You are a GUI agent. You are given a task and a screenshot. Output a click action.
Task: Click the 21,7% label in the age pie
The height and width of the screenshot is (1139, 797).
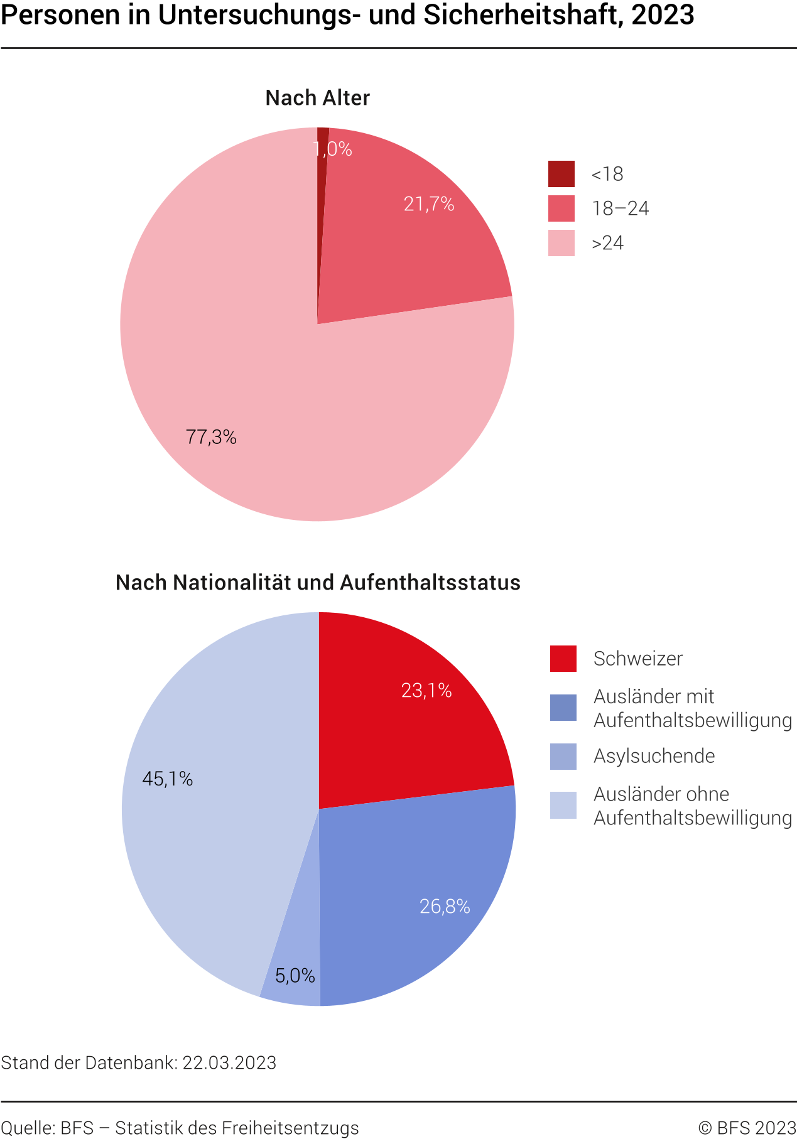429,204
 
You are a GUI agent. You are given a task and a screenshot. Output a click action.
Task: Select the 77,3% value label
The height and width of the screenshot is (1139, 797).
211,437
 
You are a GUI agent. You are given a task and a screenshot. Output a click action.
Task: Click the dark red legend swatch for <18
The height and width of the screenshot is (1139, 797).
561,174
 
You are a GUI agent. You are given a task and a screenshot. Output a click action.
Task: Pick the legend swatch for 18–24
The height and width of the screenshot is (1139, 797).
561,208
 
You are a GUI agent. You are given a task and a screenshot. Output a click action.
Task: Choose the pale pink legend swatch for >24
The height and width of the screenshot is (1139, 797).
561,243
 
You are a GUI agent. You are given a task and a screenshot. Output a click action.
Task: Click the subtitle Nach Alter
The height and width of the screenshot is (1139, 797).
317,98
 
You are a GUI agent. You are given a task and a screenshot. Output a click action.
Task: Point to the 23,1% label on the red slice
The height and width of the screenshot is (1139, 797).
426,691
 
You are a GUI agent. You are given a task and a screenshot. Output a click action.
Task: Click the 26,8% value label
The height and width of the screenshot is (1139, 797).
445,906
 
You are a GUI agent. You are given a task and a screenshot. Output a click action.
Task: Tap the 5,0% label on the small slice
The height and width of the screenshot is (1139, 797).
295,975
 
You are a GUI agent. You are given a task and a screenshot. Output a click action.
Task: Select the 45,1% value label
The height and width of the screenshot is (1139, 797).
167,779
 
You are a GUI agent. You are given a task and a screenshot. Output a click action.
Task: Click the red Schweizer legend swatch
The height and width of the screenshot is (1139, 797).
563,659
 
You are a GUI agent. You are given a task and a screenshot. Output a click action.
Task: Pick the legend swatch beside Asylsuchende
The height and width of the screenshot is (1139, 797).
563,756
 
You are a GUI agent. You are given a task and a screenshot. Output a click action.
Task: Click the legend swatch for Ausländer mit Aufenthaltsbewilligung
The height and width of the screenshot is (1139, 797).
563,708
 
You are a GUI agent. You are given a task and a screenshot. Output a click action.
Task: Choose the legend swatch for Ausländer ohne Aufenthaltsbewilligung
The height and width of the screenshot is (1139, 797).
563,806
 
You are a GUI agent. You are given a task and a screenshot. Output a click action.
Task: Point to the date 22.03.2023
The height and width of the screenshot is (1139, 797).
229,1062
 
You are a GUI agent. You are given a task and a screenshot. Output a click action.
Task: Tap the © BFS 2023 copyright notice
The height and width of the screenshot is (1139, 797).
747,1128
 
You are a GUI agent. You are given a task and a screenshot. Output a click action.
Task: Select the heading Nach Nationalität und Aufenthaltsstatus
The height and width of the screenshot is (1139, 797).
318,583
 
